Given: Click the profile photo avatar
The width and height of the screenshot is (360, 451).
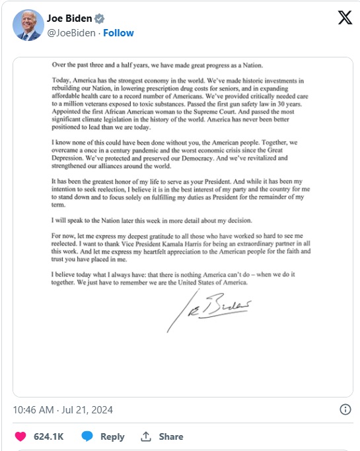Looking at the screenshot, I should point(28,25).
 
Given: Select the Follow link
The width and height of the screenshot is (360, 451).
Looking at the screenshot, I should point(118,32).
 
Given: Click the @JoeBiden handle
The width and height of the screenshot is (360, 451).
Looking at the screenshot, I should point(72,32).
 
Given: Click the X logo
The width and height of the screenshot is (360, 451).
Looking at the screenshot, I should point(344,18).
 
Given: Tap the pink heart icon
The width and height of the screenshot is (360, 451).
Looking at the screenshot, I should point(21,436).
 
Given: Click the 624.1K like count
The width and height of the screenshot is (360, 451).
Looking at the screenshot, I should point(49,436).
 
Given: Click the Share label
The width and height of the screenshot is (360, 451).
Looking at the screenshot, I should point(170,436).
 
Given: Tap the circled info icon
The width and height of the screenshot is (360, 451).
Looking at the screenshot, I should point(345,409).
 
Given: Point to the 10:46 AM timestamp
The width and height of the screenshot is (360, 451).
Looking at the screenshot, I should point(34,410).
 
